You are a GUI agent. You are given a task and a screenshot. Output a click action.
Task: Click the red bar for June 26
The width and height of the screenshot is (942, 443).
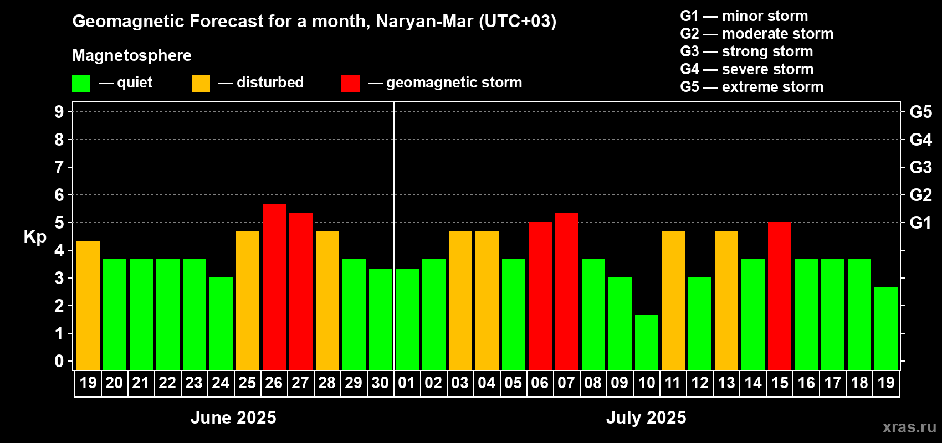274,287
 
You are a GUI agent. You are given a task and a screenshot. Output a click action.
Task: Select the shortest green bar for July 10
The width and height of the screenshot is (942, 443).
646,342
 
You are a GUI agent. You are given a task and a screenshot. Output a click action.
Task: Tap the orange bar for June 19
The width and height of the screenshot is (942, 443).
88,305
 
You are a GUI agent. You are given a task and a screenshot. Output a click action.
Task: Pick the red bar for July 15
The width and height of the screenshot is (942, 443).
779,296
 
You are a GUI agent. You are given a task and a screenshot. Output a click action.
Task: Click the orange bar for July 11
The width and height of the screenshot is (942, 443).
673,301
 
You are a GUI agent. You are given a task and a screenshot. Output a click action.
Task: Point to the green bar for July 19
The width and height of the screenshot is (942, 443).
885,328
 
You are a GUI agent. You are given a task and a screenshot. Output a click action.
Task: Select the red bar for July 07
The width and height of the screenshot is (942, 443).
566,291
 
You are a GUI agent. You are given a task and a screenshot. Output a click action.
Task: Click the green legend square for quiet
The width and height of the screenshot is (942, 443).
81,84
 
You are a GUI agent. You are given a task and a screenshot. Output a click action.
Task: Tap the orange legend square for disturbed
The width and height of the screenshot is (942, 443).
201,84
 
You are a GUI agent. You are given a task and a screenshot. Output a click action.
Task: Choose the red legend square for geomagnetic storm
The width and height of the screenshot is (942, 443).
350,84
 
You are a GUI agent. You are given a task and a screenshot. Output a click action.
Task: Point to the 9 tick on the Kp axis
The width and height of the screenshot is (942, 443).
59,112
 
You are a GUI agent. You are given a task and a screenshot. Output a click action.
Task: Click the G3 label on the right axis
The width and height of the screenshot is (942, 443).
920,167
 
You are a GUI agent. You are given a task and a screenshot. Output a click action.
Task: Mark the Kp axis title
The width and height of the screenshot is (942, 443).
35,237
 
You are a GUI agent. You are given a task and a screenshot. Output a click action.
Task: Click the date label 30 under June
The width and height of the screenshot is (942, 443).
380,383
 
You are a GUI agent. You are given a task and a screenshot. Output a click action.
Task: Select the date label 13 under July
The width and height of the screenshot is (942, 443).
726,383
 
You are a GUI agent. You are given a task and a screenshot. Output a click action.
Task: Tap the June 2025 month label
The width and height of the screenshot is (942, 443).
233,418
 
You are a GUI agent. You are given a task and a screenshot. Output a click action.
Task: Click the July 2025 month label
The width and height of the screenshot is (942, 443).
646,418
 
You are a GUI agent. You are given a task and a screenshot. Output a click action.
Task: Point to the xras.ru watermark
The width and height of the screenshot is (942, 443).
909,427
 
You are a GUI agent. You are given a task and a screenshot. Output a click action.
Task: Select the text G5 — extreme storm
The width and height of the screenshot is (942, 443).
751,87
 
